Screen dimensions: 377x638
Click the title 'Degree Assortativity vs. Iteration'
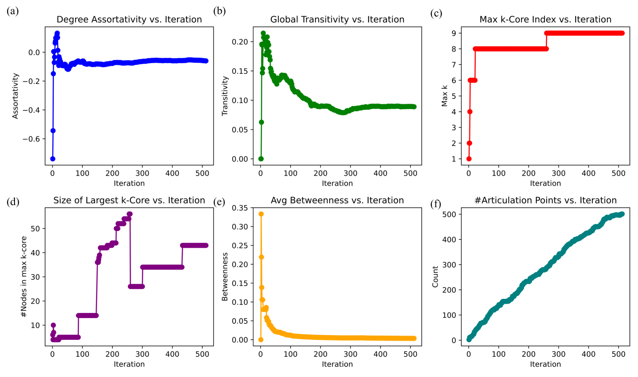[x=129, y=20]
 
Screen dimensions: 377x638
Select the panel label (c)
[x=436, y=14]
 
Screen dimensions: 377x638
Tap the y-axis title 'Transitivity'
[x=225, y=96]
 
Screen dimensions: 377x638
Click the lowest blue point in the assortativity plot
[x=53, y=159]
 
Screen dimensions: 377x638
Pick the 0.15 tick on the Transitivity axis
[x=240, y=71]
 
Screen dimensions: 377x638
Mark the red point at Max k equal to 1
[x=469, y=159]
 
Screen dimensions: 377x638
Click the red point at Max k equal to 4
[x=470, y=112]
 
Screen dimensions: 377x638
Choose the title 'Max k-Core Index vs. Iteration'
[x=545, y=20]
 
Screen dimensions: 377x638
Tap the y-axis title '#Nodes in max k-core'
[x=24, y=276]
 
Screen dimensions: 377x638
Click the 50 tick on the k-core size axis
[x=35, y=229]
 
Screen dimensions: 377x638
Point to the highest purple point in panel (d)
[x=130, y=214]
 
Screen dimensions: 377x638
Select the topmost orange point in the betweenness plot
[x=261, y=214]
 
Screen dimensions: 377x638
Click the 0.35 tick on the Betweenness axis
[x=240, y=208]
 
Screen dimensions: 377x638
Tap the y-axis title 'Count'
[x=435, y=276]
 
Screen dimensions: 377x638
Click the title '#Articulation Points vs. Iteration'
[x=545, y=200]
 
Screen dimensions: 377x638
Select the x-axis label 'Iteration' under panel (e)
[x=337, y=364]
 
